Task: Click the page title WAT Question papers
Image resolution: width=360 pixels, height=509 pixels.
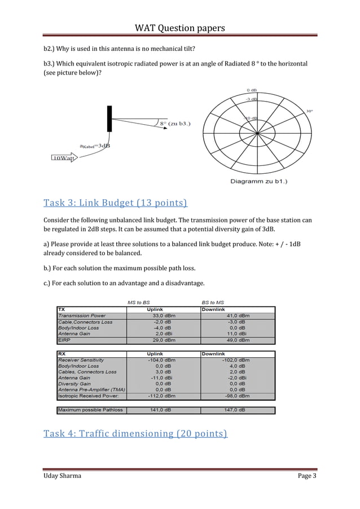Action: (179, 28)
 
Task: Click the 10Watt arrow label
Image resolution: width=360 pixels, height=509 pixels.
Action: (63, 158)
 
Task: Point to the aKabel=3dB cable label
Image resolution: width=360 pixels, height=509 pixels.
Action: (95, 146)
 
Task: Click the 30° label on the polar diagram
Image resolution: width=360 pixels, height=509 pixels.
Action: (310, 111)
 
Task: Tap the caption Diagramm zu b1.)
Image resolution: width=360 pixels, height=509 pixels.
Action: (258, 181)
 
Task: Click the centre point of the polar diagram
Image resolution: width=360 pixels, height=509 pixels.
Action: (257, 133)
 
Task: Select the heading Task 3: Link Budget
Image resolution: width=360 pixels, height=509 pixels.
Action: (115, 203)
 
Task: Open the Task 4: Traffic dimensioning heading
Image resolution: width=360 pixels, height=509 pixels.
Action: (135, 433)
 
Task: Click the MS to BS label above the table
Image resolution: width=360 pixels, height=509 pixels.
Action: (139, 302)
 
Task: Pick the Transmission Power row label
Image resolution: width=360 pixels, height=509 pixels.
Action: (82, 315)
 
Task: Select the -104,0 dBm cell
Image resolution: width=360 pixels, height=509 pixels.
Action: (161, 359)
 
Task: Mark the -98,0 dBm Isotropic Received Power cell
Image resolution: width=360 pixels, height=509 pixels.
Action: (238, 395)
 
